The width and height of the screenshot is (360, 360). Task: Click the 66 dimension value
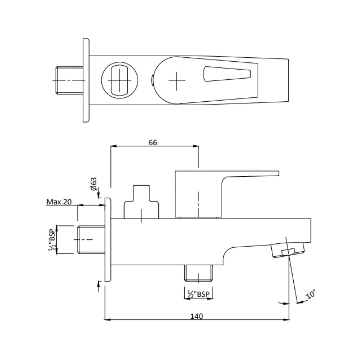[153, 142]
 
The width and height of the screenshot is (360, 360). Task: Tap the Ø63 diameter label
[94, 184]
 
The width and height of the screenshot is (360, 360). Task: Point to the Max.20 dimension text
[59, 202]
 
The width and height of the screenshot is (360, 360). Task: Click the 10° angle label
[310, 295]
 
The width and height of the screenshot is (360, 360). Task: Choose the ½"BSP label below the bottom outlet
[199, 294]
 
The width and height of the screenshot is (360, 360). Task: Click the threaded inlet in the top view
[69, 80]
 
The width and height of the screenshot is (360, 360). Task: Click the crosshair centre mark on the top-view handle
[177, 80]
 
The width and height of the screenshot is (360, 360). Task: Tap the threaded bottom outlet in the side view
[199, 273]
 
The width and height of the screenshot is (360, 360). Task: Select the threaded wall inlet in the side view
[91, 240]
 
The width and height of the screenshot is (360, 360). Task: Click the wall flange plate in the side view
[108, 240]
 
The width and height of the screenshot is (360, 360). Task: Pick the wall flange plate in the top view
[86, 80]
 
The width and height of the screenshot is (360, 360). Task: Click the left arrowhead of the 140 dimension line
[107, 320]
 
